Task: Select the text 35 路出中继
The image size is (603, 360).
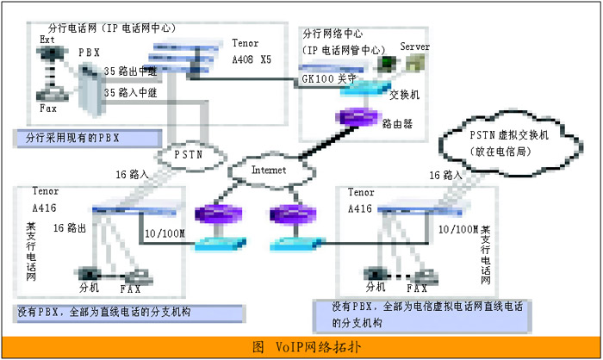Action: tap(132, 71)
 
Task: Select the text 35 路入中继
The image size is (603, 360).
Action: tap(132, 90)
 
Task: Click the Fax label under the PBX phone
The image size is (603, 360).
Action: tap(48, 109)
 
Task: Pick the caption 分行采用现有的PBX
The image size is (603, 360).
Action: tap(89, 136)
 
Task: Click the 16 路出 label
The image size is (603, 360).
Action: tap(71, 227)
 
